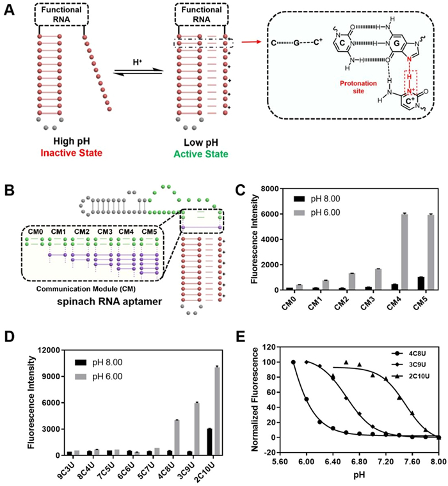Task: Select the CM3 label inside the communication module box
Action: click(104, 231)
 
